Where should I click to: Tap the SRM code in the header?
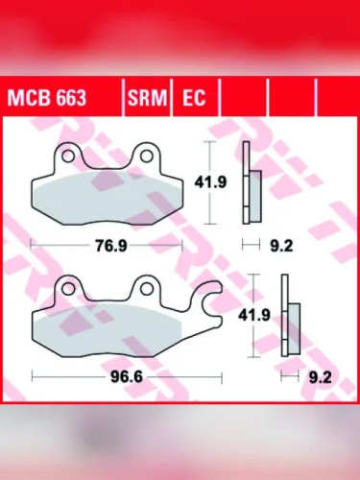tap(146, 98)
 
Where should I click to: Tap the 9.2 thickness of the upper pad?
tap(280, 246)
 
